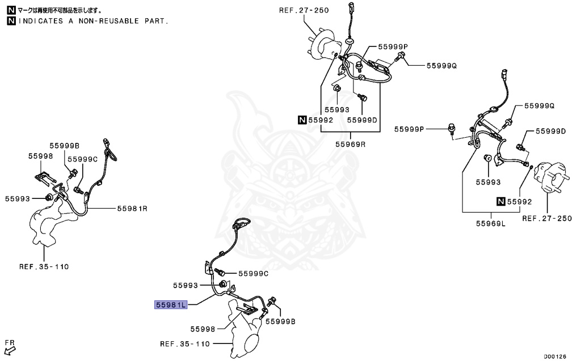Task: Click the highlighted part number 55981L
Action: [171, 305]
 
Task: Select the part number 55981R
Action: [132, 209]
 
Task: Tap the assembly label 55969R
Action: [350, 144]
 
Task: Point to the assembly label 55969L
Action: [490, 223]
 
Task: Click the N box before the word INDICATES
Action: [11, 21]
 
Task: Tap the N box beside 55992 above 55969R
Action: [303, 120]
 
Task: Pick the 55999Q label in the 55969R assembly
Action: [442, 66]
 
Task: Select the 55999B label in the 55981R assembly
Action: [64, 146]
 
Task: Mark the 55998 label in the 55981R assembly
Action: [41, 155]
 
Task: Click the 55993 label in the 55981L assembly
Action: [186, 285]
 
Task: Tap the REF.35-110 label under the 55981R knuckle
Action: [44, 266]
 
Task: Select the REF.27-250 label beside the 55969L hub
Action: [547, 218]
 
